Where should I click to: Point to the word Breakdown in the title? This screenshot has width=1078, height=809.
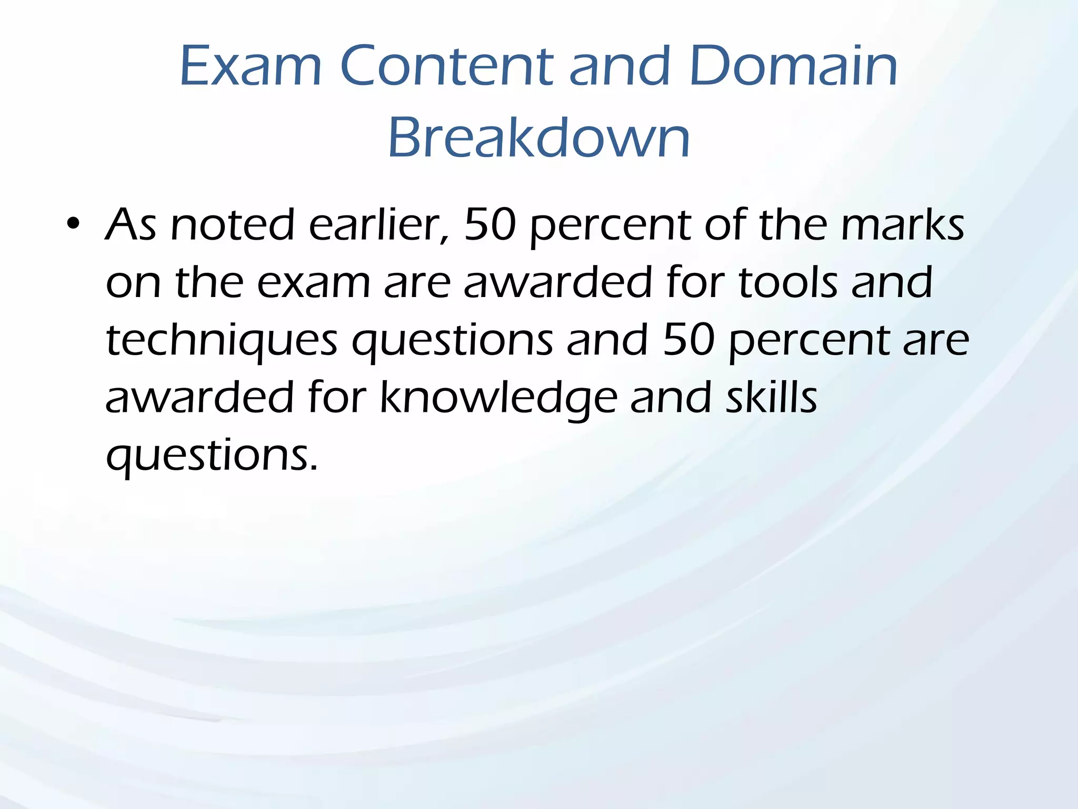tap(538, 138)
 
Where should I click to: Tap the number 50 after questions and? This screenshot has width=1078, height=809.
tap(688, 340)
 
